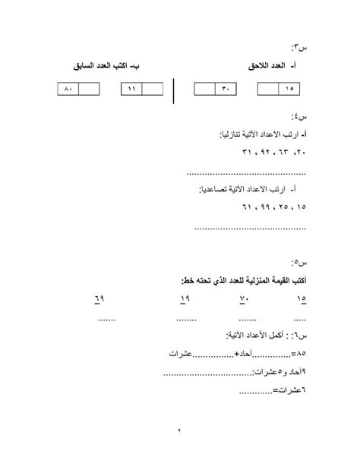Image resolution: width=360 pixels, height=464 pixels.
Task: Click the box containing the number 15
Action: (289, 90)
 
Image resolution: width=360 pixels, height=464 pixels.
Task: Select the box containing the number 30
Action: (225, 90)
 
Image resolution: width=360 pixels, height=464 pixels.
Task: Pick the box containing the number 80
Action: (68, 90)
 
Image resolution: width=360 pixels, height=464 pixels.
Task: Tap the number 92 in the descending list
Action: (267, 152)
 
